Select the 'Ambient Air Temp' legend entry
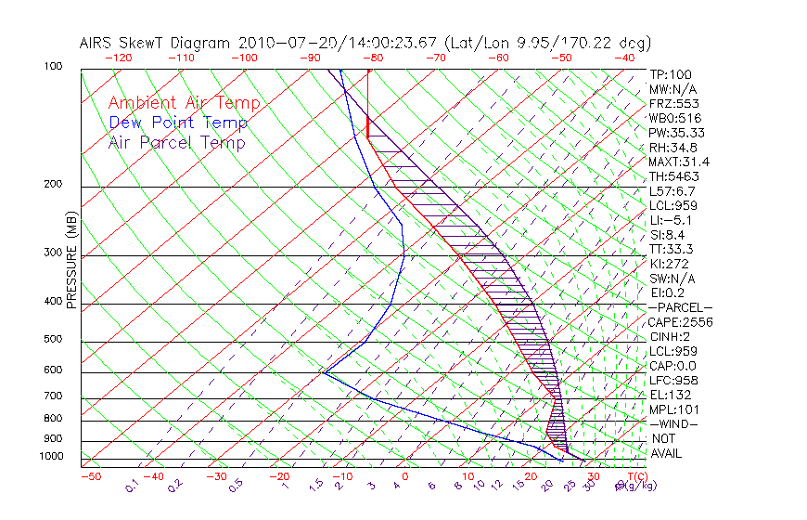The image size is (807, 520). tap(184, 103)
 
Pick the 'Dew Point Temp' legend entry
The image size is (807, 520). tap(178, 123)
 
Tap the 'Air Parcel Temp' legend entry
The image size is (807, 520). tap(177, 142)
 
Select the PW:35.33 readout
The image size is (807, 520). tap(676, 133)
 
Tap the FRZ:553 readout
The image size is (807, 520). tap(672, 103)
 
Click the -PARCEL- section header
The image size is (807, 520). tap(680, 307)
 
